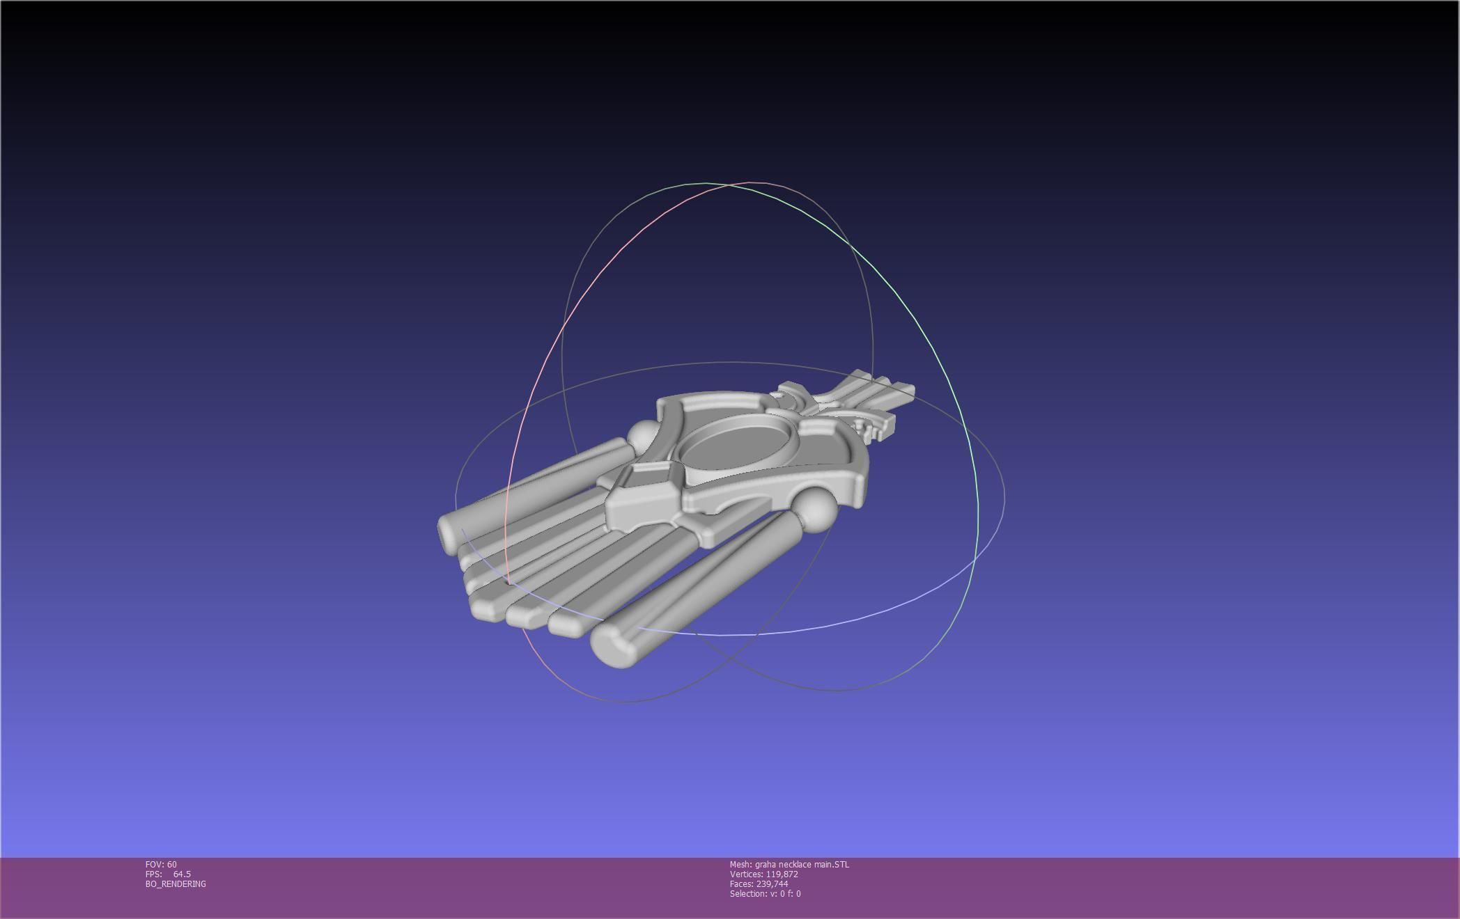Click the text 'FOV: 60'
point(161,865)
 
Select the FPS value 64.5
point(182,874)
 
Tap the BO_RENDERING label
point(176,884)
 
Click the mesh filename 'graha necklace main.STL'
point(802,865)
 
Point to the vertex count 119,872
point(782,874)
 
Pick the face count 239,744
point(772,884)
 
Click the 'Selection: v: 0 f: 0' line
point(765,894)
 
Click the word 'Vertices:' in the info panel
point(746,874)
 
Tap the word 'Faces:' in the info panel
point(742,884)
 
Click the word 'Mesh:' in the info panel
point(740,865)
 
